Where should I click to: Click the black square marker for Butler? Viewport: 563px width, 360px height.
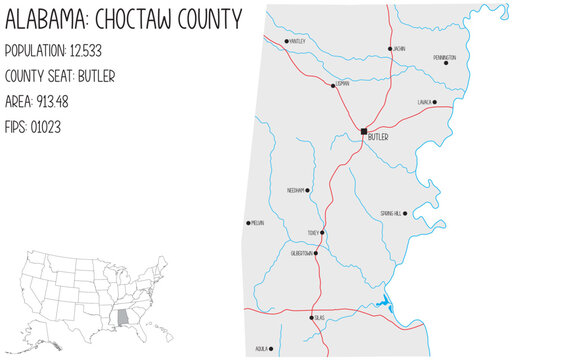tap(363, 130)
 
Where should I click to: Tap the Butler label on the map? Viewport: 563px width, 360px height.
tap(378, 137)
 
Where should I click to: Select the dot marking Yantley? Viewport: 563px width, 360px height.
tap(286, 41)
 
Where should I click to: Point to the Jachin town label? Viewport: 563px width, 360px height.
tap(399, 48)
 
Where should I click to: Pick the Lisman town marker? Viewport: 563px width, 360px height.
tap(333, 85)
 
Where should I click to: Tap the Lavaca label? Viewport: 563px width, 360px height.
tap(424, 102)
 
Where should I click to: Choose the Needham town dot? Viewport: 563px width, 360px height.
tap(307, 190)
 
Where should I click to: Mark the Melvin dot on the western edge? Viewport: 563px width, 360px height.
tap(248, 223)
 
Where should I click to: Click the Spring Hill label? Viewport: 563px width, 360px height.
tap(391, 213)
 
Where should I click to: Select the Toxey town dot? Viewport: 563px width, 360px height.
tap(322, 233)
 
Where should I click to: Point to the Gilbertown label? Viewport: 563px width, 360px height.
tap(302, 253)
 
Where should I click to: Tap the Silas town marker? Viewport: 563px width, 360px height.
tap(313, 318)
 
